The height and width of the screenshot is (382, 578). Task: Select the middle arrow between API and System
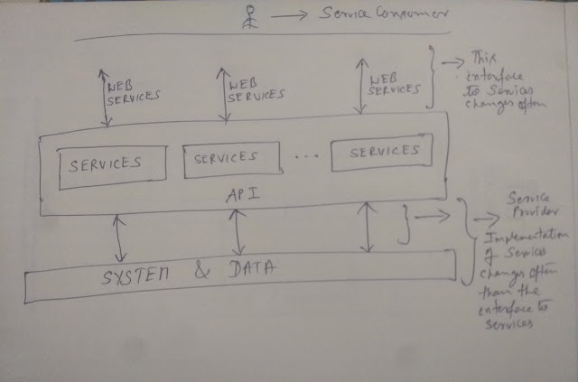point(238,233)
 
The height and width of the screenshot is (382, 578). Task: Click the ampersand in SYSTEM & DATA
point(200,267)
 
